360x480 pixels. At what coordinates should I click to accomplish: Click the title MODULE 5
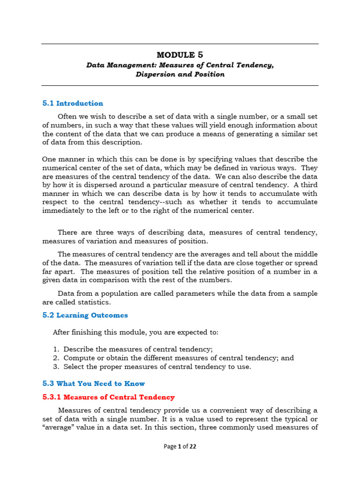pos(180,55)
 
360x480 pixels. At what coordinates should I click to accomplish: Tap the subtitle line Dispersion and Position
pos(180,74)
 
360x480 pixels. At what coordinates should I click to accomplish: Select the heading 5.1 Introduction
pos(73,103)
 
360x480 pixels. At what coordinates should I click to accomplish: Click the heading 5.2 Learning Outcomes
pos(85,315)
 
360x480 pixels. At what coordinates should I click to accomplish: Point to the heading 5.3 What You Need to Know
pos(94,383)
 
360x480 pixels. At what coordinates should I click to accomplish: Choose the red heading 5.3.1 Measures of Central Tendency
pos(108,397)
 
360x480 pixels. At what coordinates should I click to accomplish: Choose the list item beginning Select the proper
pos(157,367)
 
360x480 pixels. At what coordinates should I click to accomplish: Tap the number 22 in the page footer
pos(192,446)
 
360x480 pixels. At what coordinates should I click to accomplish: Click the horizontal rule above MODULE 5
pos(180,45)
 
